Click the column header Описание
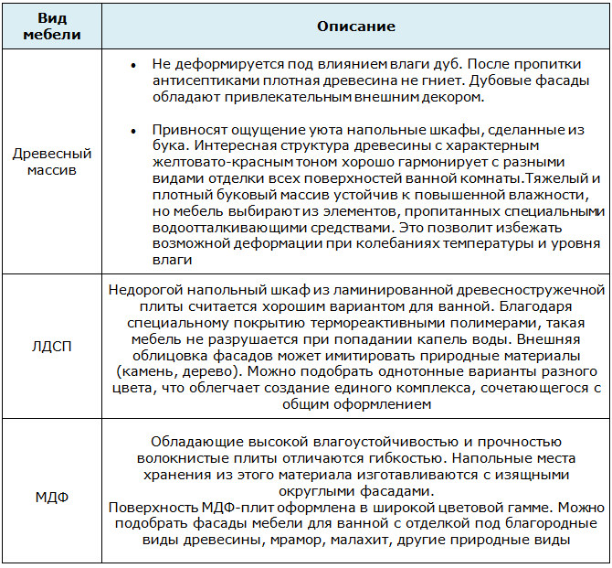tap(355, 27)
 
